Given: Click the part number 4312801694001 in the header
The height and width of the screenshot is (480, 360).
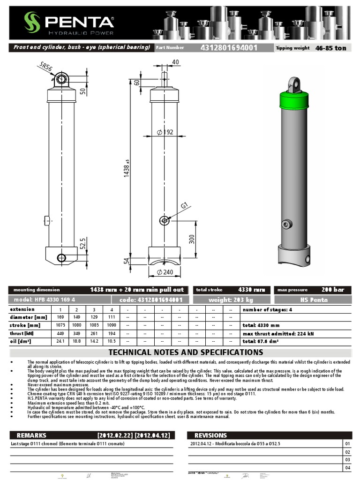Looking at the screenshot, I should (x=228, y=48).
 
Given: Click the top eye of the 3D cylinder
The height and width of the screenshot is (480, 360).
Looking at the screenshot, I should (x=294, y=84).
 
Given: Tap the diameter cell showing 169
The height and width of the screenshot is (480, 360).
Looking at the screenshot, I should (x=60, y=317).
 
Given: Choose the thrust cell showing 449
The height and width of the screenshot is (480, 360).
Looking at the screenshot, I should (x=60, y=333).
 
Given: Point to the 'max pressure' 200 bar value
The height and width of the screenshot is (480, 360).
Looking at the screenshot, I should (x=333, y=290).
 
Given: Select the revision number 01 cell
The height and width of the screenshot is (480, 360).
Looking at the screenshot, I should (x=347, y=443).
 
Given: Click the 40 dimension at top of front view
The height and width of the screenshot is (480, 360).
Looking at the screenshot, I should (x=175, y=62).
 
